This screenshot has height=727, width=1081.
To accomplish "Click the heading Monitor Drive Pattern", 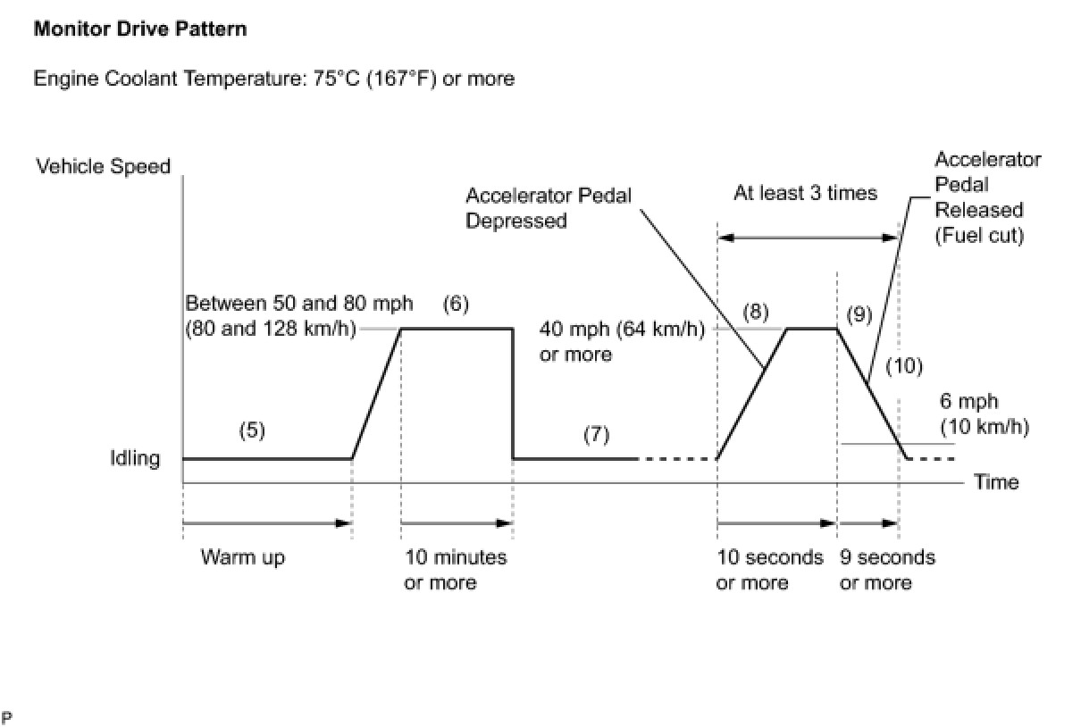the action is [x=140, y=29].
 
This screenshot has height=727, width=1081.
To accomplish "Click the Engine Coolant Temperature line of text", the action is [x=273, y=79].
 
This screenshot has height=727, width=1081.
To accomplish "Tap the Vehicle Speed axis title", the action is [x=103, y=166].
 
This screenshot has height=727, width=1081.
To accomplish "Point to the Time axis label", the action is [x=996, y=482].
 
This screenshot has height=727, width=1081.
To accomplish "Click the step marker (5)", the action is [x=252, y=430].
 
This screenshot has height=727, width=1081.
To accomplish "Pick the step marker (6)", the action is [x=456, y=304].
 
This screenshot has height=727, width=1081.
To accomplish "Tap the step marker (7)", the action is [x=596, y=434].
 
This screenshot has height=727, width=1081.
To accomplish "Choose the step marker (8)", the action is [x=755, y=313].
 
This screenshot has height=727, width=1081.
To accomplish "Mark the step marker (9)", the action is [x=859, y=314].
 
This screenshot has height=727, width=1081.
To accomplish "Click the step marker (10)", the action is [x=904, y=365].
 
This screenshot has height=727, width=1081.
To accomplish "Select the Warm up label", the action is [x=242, y=558].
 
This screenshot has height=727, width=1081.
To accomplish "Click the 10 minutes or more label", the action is [x=456, y=570].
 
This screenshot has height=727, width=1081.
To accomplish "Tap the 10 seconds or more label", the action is [x=769, y=570].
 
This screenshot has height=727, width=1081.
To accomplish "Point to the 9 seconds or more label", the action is [x=887, y=570].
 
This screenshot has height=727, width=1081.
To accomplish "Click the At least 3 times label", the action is [x=805, y=193].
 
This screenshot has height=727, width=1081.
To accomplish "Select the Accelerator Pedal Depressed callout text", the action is [x=548, y=208].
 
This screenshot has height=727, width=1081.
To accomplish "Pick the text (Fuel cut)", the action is [x=978, y=237].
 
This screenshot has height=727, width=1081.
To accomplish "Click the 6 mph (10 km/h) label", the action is [x=984, y=414].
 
